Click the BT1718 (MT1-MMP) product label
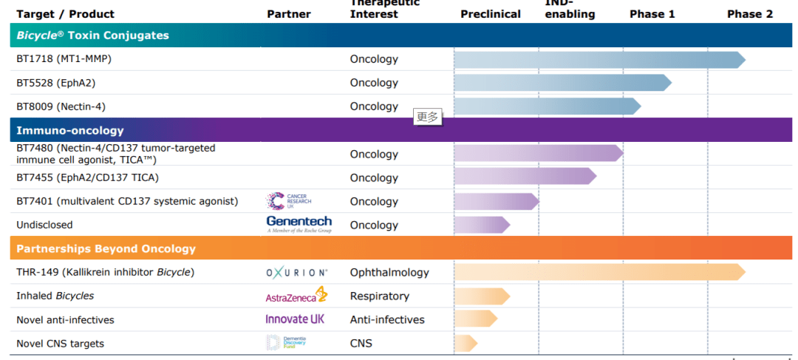pyautogui.click(x=64, y=59)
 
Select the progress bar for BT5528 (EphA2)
pyautogui.click(x=562, y=83)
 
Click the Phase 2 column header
pyautogui.click(x=749, y=14)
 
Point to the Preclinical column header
pyautogui.click(x=490, y=14)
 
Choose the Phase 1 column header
pyautogui.click(x=652, y=14)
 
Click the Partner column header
pyautogui.click(x=288, y=14)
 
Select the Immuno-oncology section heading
pyautogui.click(x=70, y=130)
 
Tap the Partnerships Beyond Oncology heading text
pyautogui.click(x=106, y=248)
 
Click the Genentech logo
pyautogui.click(x=299, y=224)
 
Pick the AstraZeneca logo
pyautogui.click(x=296, y=296)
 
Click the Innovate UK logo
pyautogui.click(x=295, y=319)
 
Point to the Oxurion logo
pyautogui.click(x=296, y=273)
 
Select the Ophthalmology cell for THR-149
pyautogui.click(x=389, y=272)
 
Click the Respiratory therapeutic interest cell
pyautogui.click(x=379, y=296)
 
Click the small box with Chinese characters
pyautogui.click(x=428, y=116)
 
